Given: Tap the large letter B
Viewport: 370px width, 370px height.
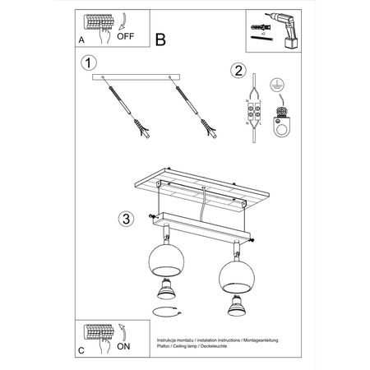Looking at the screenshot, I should (x=160, y=39).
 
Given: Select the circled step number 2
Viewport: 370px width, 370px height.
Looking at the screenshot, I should (x=237, y=70).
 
